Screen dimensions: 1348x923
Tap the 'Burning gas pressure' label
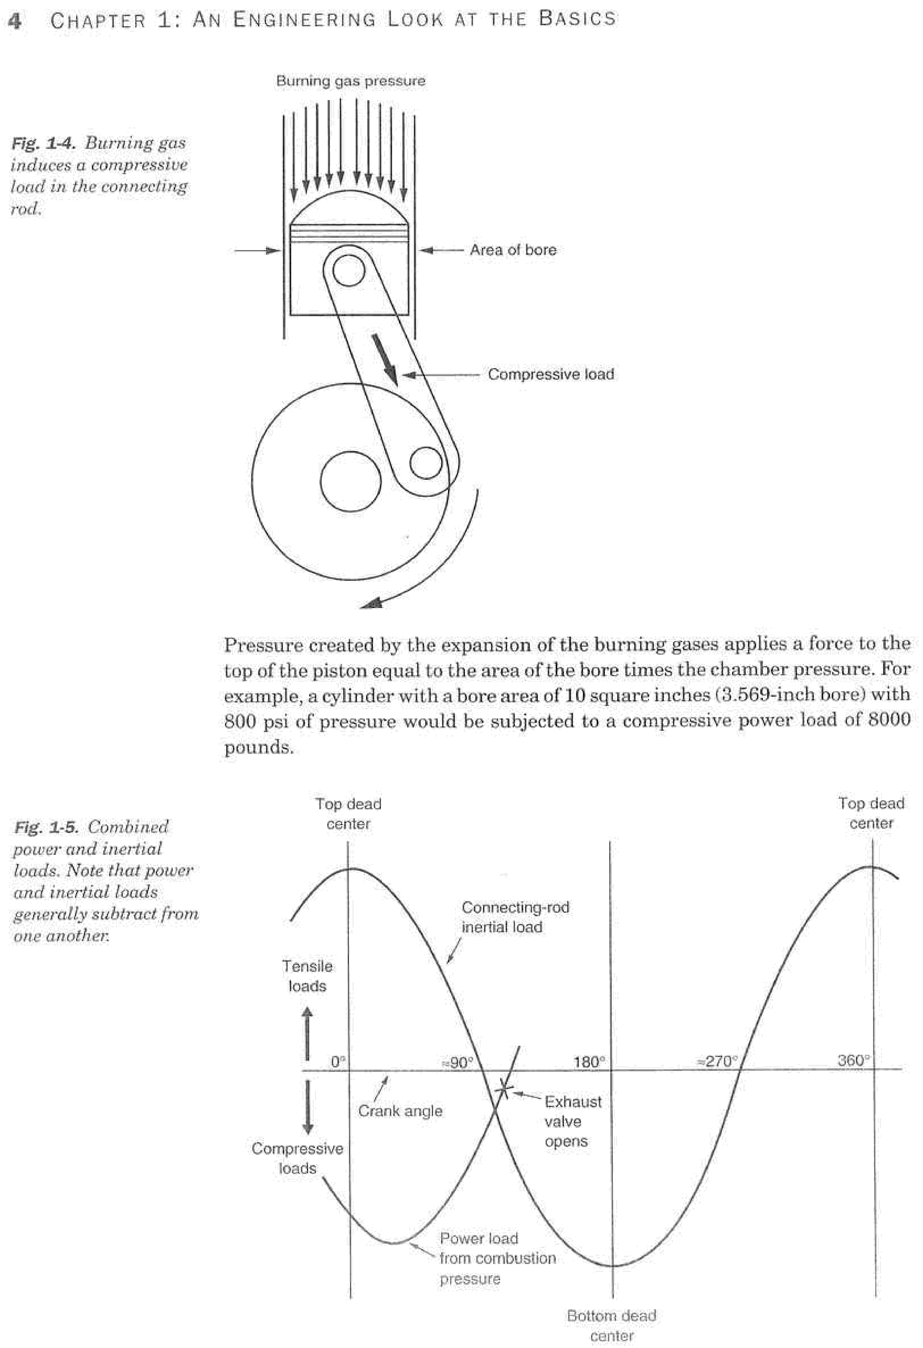(350, 81)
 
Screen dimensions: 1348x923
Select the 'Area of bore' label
(513, 250)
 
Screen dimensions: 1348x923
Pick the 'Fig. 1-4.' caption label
(43, 143)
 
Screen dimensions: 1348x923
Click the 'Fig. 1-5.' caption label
(45, 827)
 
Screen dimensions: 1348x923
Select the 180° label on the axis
(589, 1062)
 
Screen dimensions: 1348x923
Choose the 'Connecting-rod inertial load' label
(515, 917)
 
